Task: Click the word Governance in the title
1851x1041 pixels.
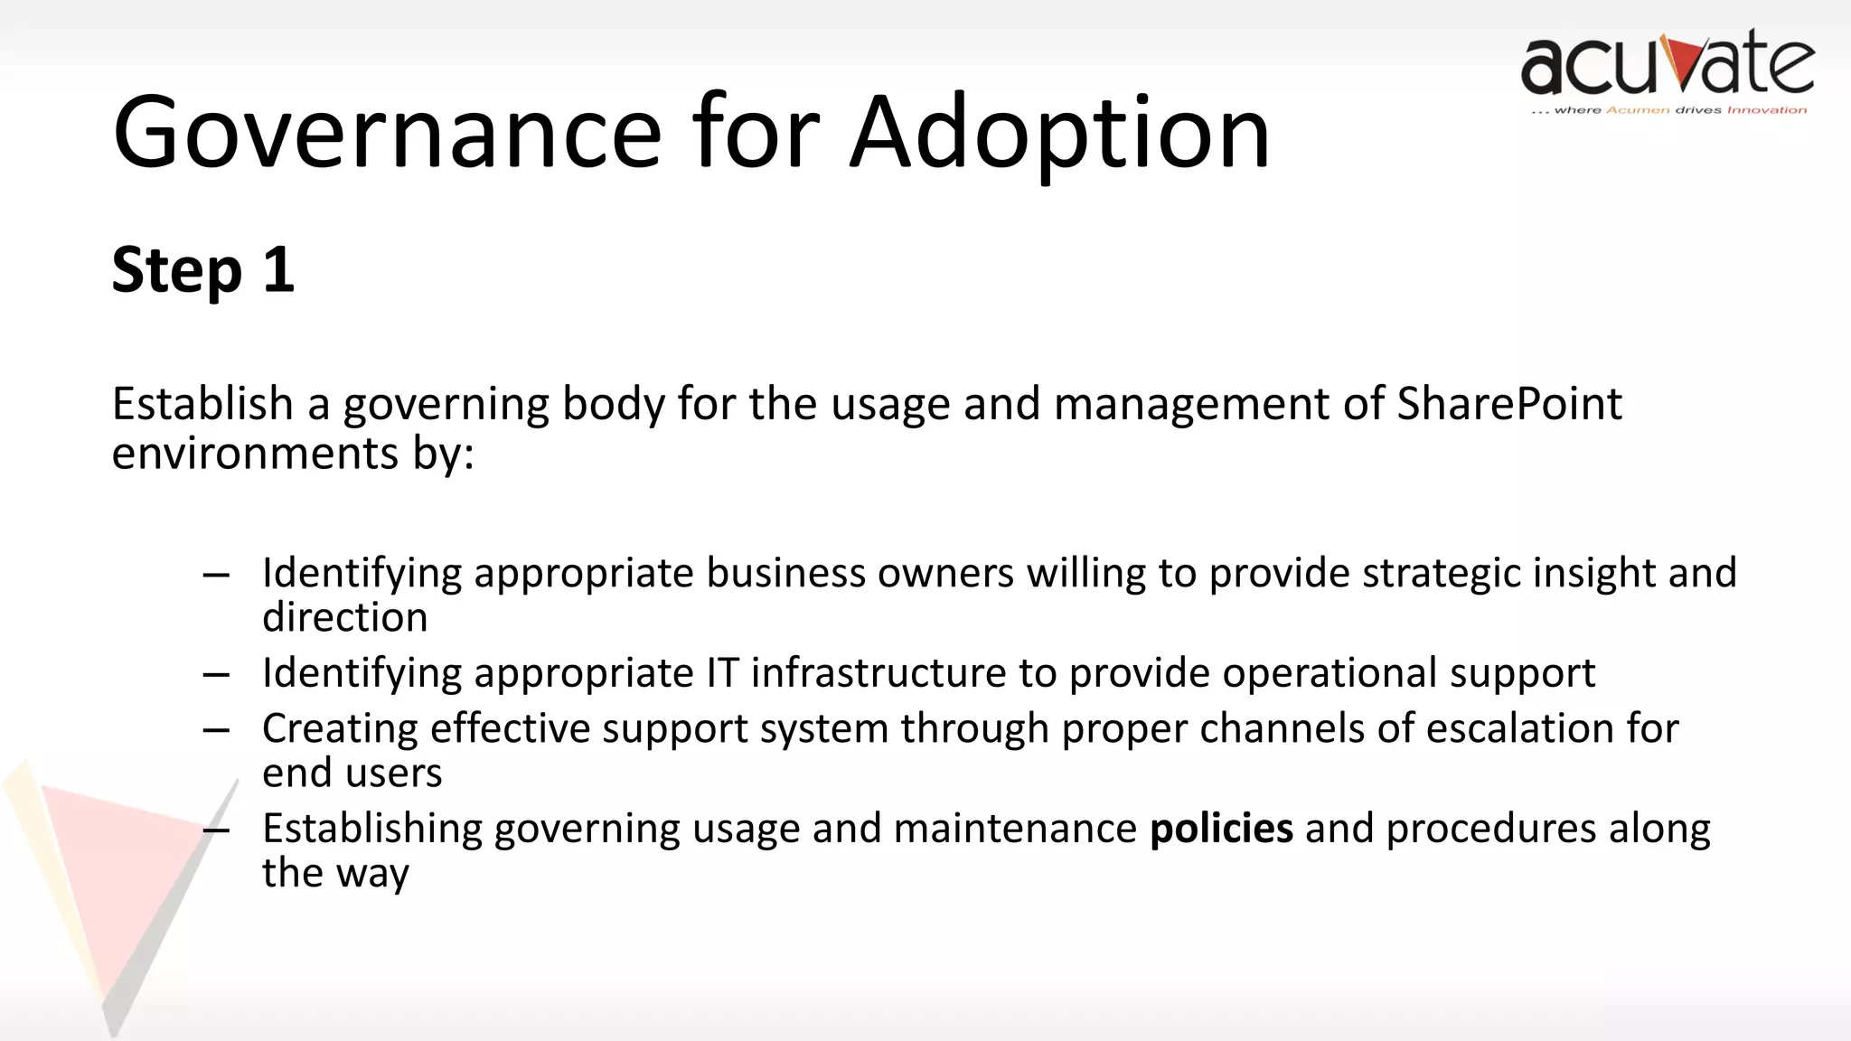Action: [x=387, y=133]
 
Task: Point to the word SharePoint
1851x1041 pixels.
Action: [x=1508, y=403]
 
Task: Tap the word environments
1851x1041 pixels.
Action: [x=255, y=453]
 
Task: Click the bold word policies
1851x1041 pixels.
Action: [x=1221, y=829]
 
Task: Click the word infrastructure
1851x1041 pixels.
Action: [x=879, y=673]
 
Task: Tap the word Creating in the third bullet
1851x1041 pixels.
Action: [x=340, y=728]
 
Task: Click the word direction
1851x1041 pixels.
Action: [x=344, y=618]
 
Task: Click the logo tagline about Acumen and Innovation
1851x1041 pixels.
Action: [x=1668, y=110]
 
